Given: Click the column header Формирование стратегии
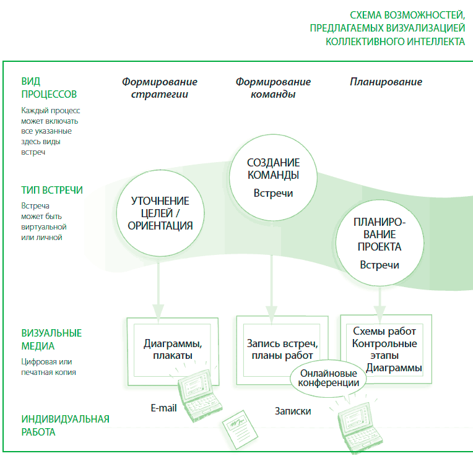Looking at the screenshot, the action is click(x=160, y=88).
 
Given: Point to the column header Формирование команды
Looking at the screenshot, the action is click(x=273, y=88).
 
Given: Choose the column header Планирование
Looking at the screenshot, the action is click(x=386, y=82).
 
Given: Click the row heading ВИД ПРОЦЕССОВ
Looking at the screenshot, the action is click(x=49, y=88).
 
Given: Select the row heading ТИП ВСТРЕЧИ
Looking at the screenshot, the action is click(x=52, y=190).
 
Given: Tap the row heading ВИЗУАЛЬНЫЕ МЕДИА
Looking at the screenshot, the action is click(x=51, y=339).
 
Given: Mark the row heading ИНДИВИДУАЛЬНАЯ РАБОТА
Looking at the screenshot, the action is click(x=65, y=426).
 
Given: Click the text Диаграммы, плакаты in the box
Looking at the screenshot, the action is click(x=173, y=350).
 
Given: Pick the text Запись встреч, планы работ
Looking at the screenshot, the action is click(x=282, y=350).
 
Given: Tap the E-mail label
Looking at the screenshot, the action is click(x=163, y=408).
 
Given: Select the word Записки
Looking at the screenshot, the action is click(x=293, y=411).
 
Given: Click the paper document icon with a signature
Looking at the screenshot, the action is click(x=240, y=429).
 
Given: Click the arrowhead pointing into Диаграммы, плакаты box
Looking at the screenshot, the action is click(x=158, y=312).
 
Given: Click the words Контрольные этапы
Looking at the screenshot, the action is click(x=384, y=350).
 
